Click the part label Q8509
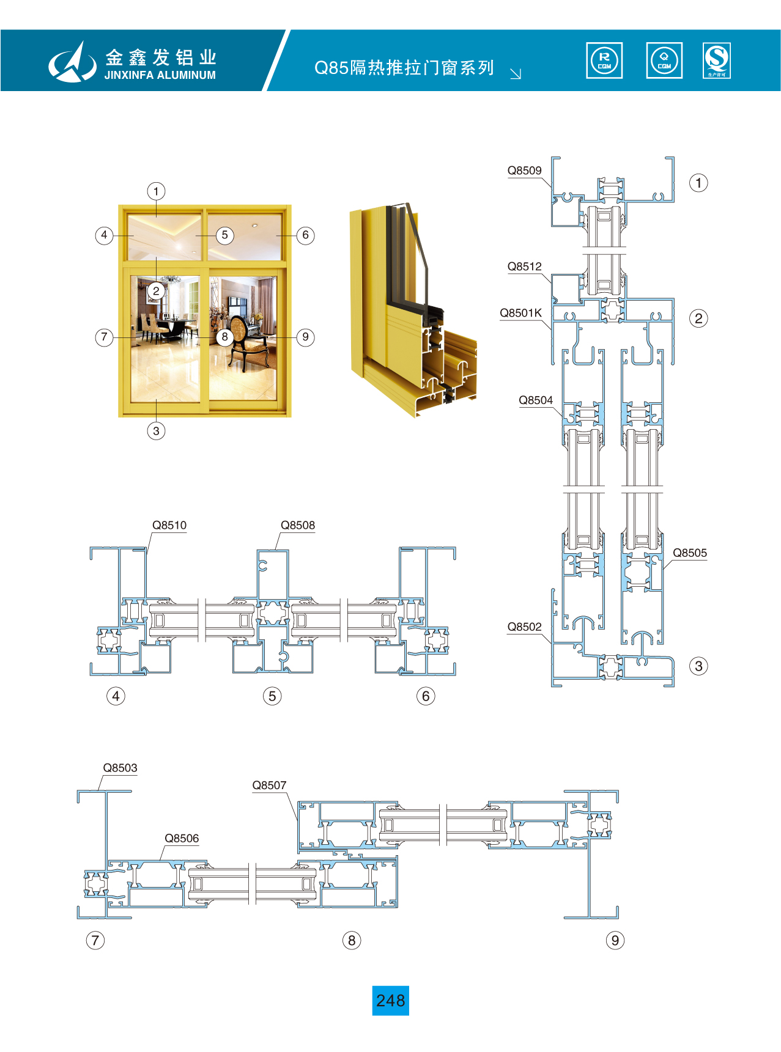[524, 171]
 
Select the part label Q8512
[524, 267]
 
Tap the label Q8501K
[520, 313]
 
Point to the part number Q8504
[535, 400]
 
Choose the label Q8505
[689, 553]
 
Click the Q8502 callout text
[524, 627]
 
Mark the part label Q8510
[169, 525]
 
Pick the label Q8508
[297, 525]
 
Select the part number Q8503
[120, 768]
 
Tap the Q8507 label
[269, 785]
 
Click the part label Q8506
[182, 839]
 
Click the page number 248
[390, 1001]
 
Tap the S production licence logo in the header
[716, 61]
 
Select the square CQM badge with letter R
[604, 61]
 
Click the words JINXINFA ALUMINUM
[160, 75]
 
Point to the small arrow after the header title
[516, 73]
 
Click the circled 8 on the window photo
[224, 337]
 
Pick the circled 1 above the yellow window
[156, 191]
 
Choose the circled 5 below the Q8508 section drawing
[272, 696]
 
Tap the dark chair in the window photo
[245, 342]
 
